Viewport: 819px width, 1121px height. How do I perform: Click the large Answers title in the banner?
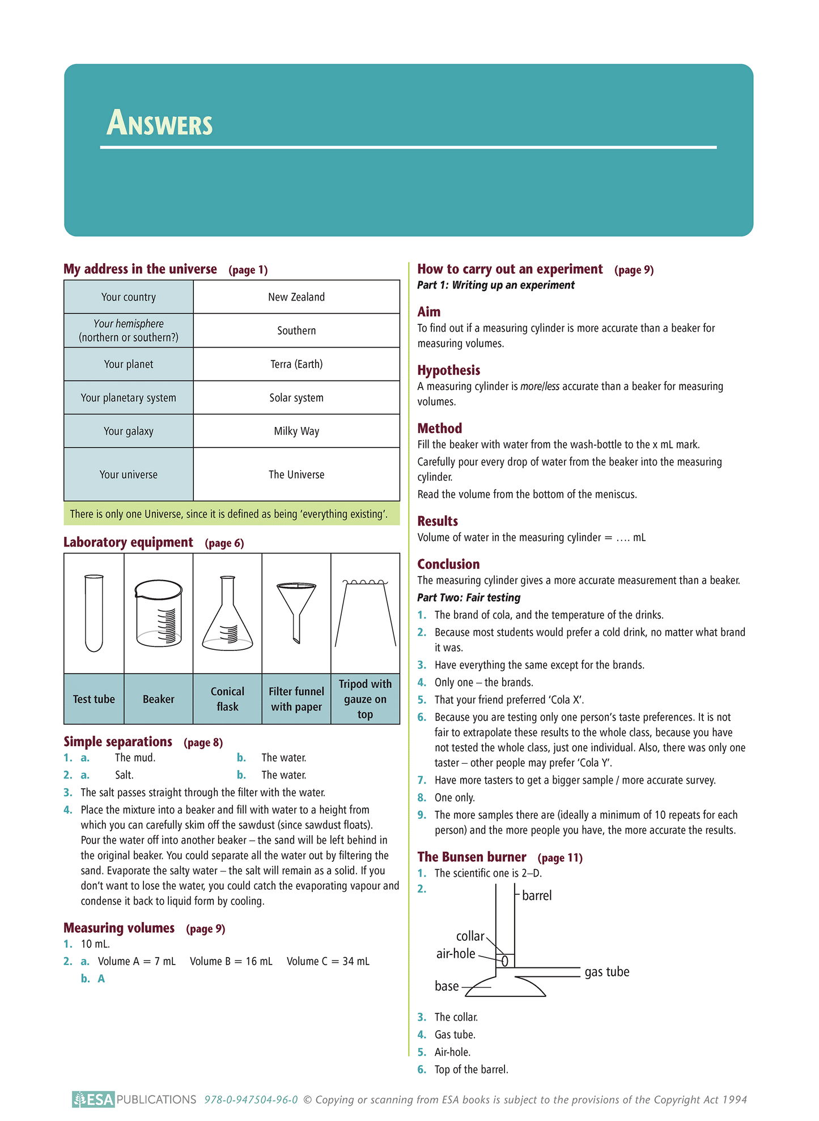159,123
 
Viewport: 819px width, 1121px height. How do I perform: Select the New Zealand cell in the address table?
296,297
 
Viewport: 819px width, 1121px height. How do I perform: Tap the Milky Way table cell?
296,432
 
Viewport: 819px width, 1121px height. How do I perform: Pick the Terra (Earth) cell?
296,364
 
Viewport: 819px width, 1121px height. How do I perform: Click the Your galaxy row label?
129,432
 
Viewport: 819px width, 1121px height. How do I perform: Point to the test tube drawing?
94,613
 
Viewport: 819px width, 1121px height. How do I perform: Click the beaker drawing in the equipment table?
159,613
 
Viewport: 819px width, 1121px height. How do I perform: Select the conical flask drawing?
227,614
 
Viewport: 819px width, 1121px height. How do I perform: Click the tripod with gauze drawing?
366,613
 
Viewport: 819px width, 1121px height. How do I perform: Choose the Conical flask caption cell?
227,699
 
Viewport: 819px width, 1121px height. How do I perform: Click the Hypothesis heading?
448,370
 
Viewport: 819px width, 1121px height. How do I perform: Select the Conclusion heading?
448,564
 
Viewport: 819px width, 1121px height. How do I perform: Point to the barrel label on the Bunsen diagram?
536,895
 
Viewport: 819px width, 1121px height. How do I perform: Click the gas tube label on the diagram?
606,972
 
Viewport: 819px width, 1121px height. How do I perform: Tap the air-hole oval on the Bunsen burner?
504,961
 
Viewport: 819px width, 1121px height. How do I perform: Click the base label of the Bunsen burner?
447,986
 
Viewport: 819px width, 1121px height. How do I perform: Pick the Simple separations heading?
118,742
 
